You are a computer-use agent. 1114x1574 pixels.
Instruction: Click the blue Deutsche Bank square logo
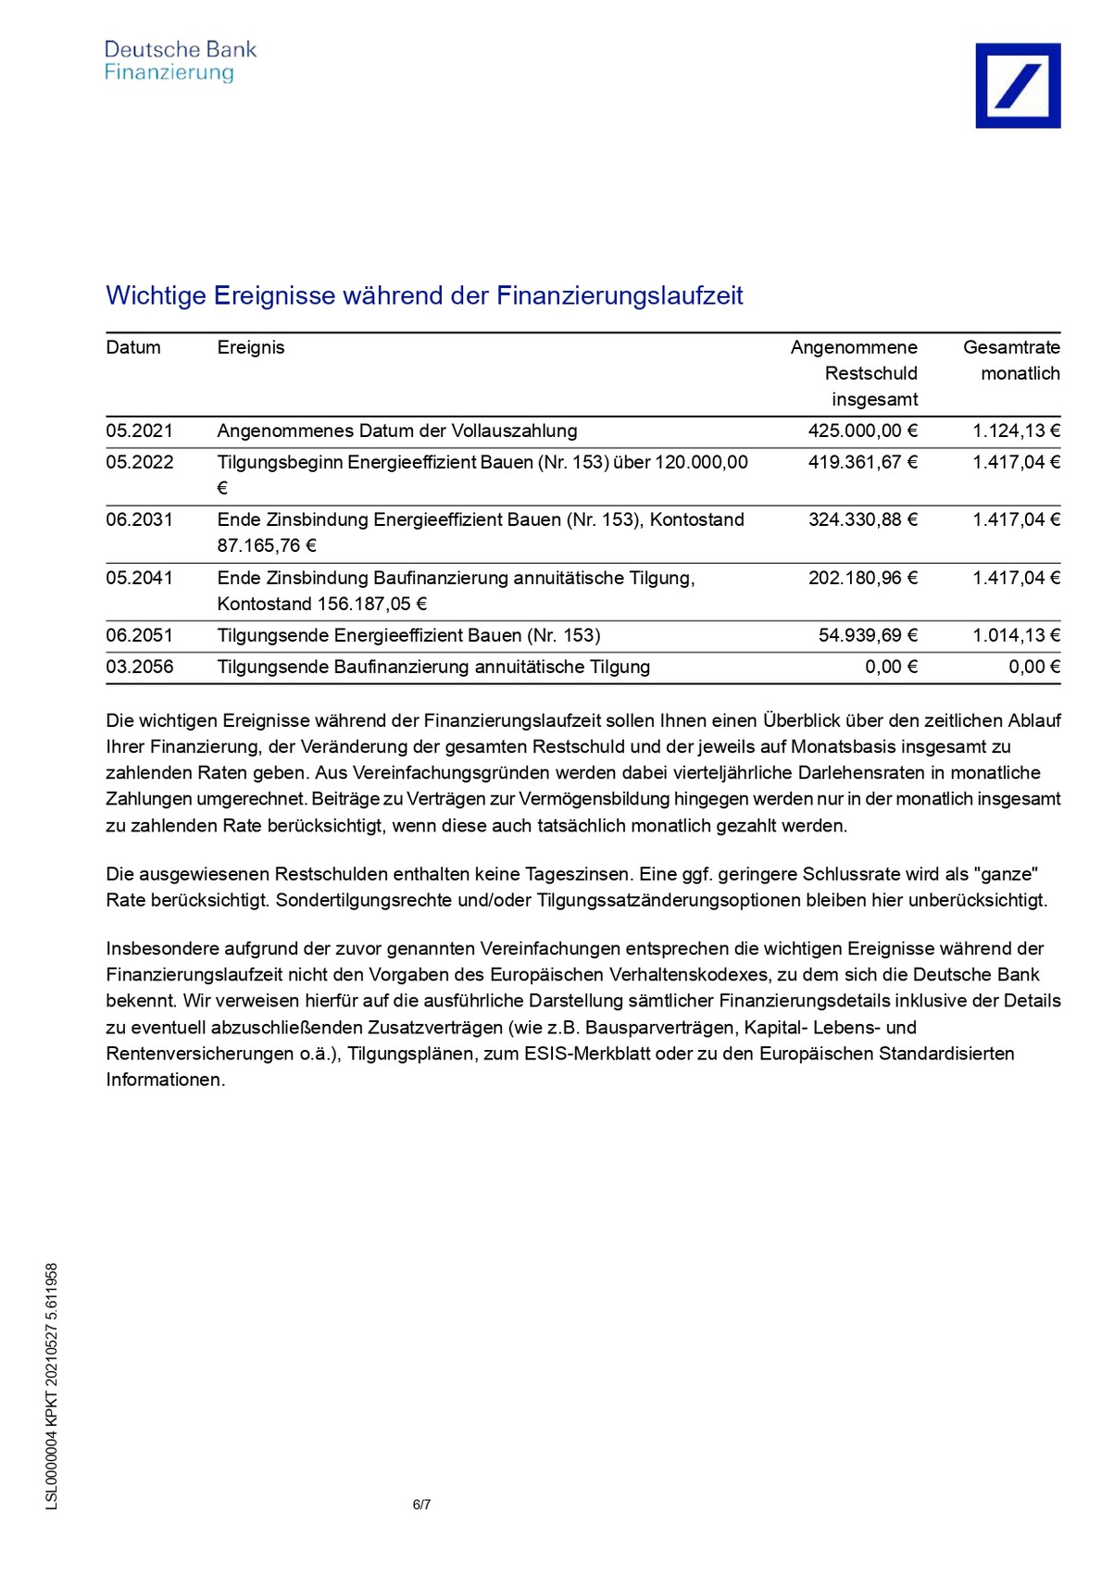point(1017,85)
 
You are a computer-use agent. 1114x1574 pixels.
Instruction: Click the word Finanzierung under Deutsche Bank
point(169,73)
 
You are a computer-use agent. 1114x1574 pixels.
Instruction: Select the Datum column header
point(133,347)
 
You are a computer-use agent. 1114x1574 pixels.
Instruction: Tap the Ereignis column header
point(250,347)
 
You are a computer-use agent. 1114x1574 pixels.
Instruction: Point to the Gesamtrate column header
point(1011,347)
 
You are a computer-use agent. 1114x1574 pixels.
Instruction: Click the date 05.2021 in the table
point(139,431)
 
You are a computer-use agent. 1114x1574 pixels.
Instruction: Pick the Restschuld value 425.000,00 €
point(862,431)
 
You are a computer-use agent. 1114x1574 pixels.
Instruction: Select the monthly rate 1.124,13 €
point(1016,431)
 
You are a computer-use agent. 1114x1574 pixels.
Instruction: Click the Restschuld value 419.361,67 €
point(862,462)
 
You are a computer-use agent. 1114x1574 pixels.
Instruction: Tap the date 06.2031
point(139,519)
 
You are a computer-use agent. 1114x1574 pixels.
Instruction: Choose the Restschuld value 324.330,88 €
point(862,519)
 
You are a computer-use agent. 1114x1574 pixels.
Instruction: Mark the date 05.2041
point(139,578)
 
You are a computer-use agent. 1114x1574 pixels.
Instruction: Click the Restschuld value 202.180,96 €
point(862,578)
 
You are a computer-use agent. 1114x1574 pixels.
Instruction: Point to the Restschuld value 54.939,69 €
point(868,635)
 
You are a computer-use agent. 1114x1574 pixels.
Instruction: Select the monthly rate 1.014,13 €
point(1016,635)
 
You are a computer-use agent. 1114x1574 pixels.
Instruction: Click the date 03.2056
point(139,667)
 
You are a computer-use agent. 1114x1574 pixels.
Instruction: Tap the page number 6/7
point(421,1505)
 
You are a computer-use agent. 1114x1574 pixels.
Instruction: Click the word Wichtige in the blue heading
point(156,295)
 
